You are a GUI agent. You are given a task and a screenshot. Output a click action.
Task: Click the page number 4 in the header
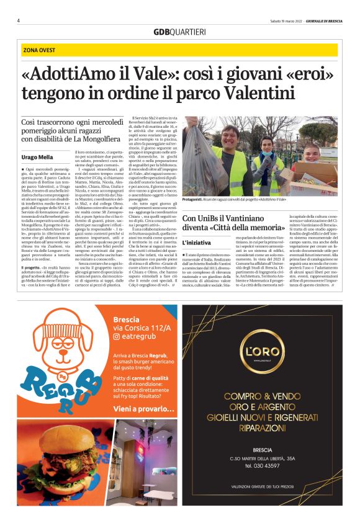19,20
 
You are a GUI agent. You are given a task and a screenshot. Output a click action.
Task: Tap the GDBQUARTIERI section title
180,32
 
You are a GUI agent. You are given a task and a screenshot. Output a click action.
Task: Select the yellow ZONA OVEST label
40,50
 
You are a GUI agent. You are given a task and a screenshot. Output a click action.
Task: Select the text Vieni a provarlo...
143,410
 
